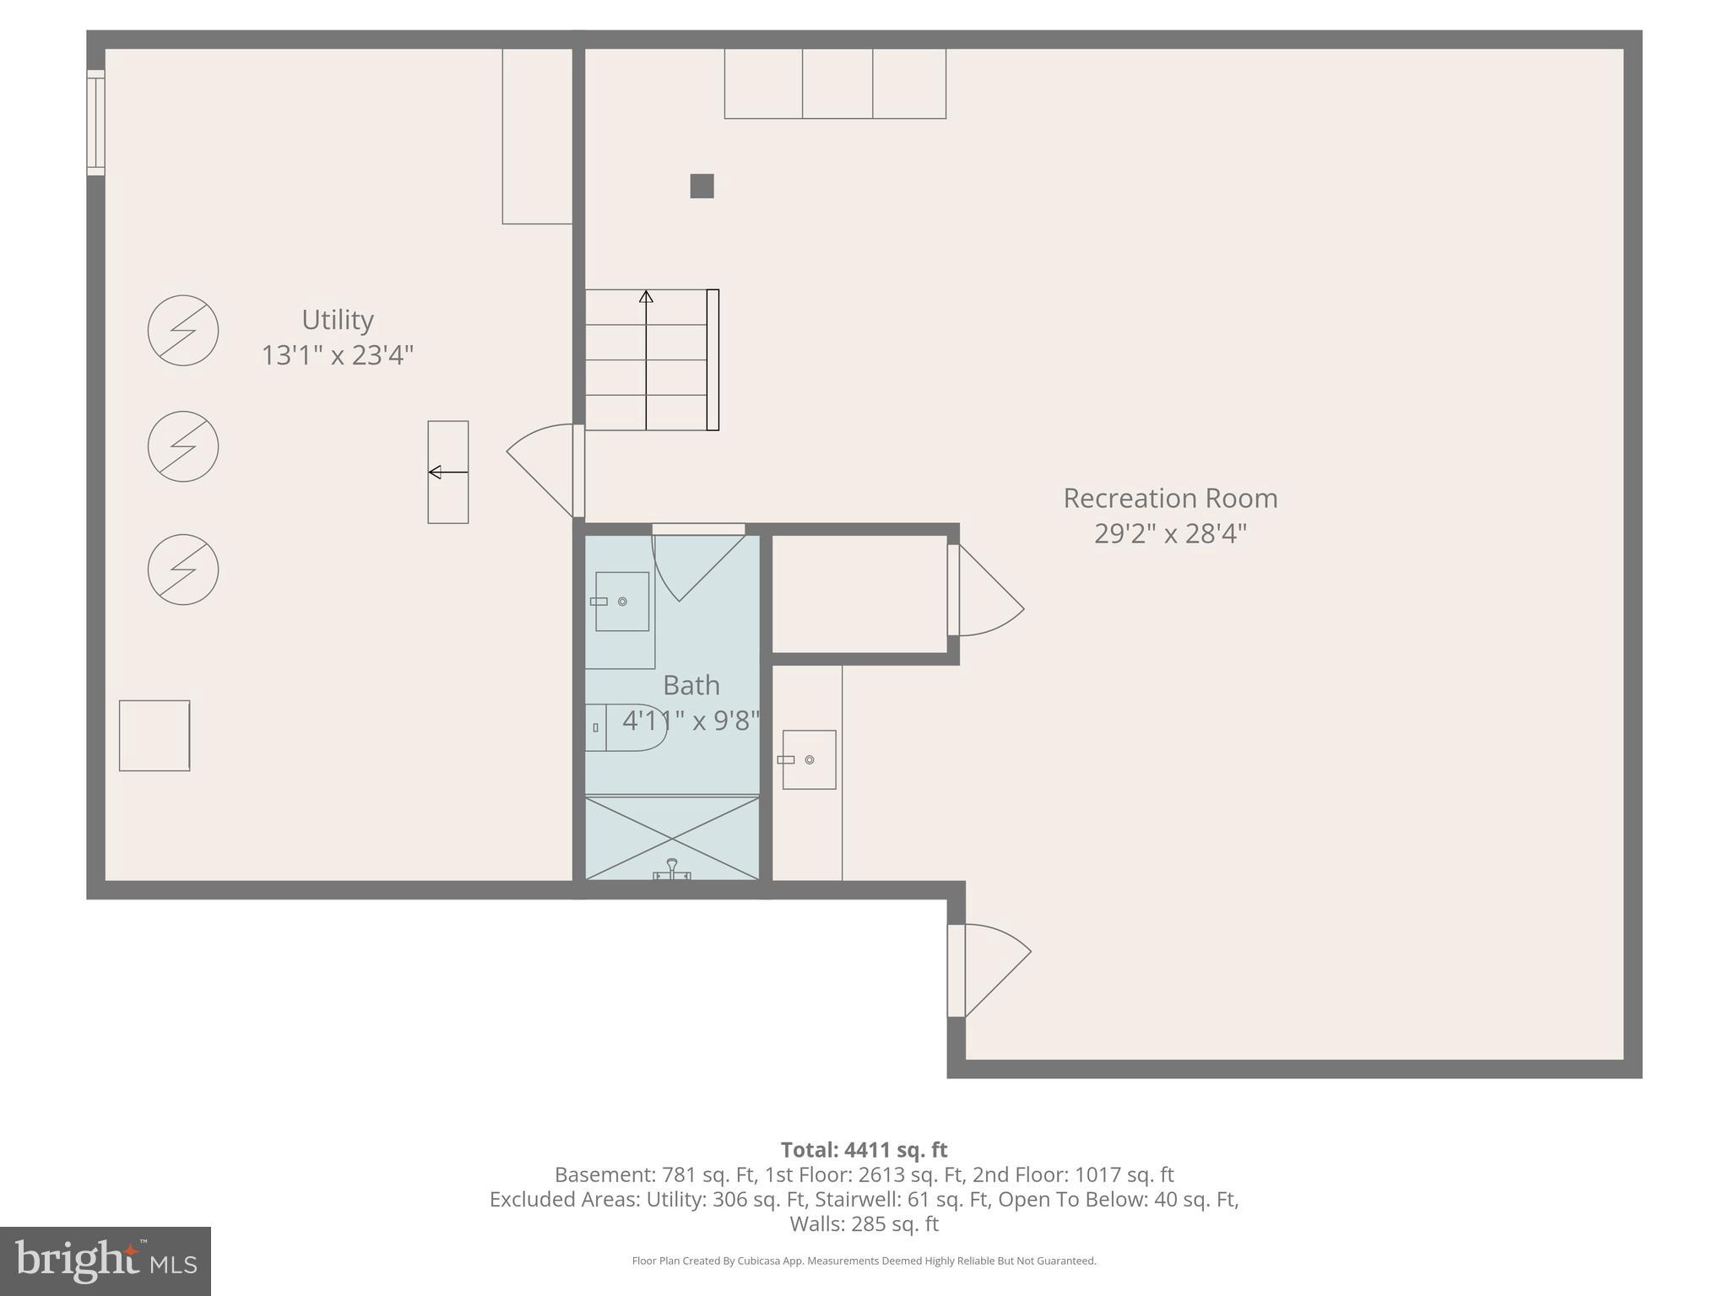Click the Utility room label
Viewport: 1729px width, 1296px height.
[x=337, y=320]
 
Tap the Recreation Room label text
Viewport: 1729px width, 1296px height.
[x=1169, y=498]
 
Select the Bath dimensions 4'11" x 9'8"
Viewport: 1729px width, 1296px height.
[x=691, y=721]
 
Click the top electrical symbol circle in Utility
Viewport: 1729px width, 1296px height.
[x=183, y=330]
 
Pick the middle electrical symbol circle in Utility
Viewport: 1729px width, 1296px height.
[x=183, y=446]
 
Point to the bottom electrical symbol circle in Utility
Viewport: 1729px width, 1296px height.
[x=183, y=570]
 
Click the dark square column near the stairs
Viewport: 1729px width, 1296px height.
[x=702, y=186]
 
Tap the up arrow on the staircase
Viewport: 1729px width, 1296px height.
[x=646, y=297]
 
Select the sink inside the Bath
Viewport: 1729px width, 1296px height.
[x=622, y=601]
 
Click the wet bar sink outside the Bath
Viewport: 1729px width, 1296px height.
[x=809, y=759]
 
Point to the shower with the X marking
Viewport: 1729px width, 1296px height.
[x=672, y=838]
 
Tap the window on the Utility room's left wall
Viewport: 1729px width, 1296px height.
[x=96, y=123]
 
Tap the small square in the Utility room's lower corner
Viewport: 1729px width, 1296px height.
[x=154, y=735]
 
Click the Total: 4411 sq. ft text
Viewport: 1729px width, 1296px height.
[x=864, y=1150]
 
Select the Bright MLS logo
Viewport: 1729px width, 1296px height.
[x=105, y=1261]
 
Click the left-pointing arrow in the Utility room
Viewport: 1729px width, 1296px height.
[x=447, y=472]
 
